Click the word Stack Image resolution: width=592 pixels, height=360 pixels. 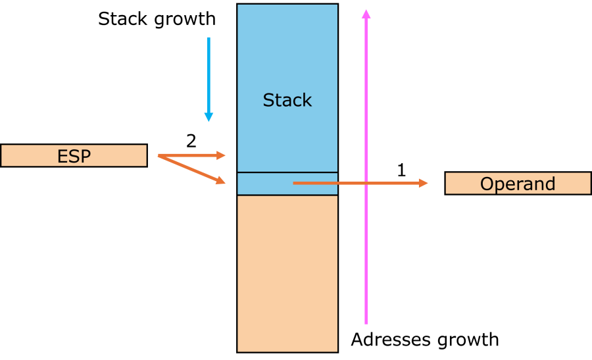287,101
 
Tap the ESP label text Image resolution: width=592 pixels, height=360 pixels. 74,157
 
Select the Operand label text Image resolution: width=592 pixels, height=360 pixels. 518,184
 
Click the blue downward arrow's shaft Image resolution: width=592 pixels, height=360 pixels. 209,72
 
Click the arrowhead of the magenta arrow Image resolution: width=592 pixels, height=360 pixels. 366,13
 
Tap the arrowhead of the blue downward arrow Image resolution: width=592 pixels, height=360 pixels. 209,117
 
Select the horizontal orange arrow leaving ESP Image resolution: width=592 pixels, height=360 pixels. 191,156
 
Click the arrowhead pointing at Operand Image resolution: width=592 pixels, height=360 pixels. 424,183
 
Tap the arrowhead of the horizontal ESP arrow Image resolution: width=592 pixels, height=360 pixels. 222,155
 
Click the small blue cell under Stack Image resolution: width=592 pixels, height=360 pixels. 263,184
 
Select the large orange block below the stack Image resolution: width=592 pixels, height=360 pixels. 287,273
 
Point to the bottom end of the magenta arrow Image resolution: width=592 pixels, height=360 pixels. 366,323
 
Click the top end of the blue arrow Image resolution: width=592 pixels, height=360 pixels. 209,38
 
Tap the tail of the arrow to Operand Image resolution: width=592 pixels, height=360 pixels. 294,183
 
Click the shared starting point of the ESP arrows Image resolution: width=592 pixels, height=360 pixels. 159,156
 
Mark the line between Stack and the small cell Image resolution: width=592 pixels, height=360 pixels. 287,172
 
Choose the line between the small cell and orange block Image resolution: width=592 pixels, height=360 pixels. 287,195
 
